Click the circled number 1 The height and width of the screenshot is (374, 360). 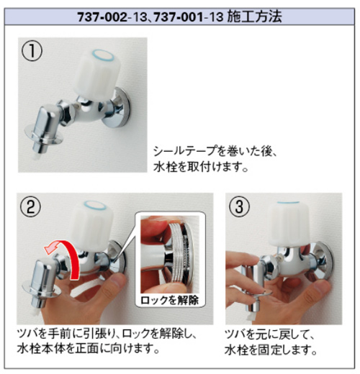click(x=32, y=50)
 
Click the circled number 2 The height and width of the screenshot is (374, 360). click(x=31, y=206)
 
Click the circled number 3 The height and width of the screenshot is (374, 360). click(x=239, y=206)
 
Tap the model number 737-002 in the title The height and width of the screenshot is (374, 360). click(x=102, y=17)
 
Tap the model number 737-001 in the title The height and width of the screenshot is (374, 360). click(x=178, y=17)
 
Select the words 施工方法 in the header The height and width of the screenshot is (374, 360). click(x=254, y=17)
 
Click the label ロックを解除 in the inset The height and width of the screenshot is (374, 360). click(x=170, y=300)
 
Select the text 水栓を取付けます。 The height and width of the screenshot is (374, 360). click(x=201, y=167)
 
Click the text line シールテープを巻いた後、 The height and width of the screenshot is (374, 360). click(x=215, y=151)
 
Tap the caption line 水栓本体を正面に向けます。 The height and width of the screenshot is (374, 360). click(x=89, y=348)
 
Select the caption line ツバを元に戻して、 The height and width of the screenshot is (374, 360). click(x=269, y=334)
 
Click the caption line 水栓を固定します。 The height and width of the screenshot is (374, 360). click(x=271, y=350)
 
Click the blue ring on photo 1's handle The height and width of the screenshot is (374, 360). click(x=104, y=55)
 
